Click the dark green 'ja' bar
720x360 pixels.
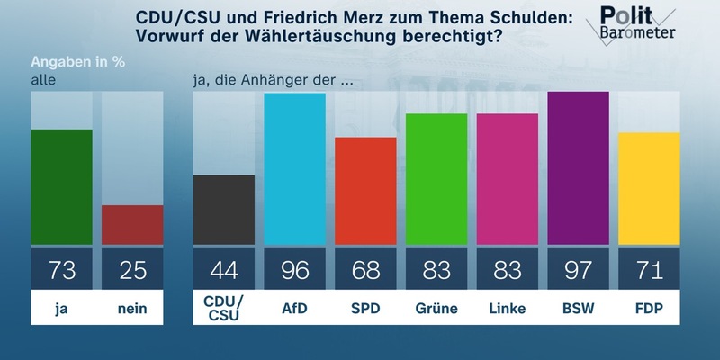pyautogui.click(x=62, y=187)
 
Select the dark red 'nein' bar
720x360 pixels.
pyautogui.click(x=132, y=225)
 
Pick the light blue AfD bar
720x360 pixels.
pyautogui.click(x=294, y=168)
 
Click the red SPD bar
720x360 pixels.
pyautogui.click(x=365, y=191)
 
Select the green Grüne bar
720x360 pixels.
pyautogui.click(x=436, y=179)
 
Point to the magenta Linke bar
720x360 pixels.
pyautogui.click(x=508, y=179)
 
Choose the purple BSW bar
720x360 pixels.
pyautogui.click(x=578, y=168)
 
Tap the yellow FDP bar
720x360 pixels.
pyautogui.click(x=649, y=188)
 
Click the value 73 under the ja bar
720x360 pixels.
pyautogui.click(x=62, y=267)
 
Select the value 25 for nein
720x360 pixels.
pyautogui.click(x=132, y=267)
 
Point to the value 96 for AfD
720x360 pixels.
pyautogui.click(x=294, y=267)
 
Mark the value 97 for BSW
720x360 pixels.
pyautogui.click(x=578, y=267)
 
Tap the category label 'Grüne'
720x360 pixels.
pyautogui.click(x=436, y=309)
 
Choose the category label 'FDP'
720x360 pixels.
pyautogui.click(x=649, y=309)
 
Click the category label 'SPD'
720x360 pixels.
pyautogui.click(x=365, y=309)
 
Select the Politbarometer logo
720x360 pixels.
pyautogui.click(x=637, y=24)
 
